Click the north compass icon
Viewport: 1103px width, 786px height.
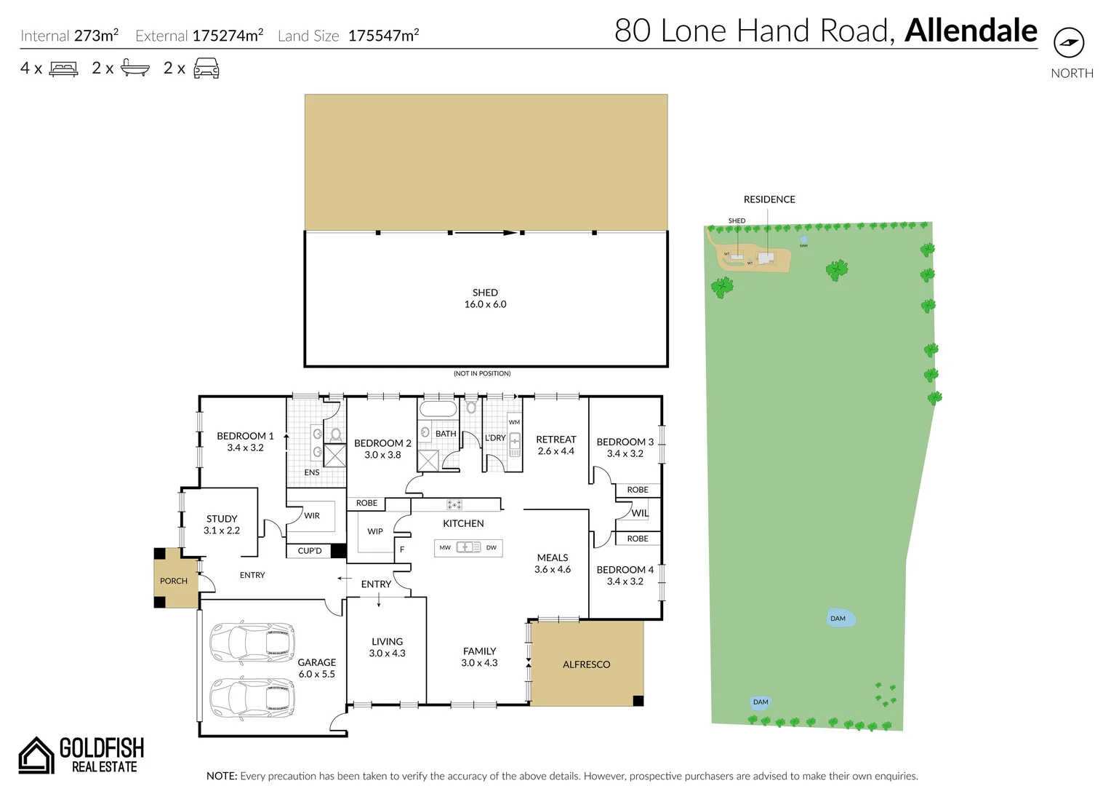[x=1068, y=43]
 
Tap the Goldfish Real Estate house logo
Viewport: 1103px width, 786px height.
[x=36, y=755]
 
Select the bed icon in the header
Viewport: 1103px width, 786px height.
[x=64, y=69]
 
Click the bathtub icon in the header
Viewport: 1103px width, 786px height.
[x=135, y=68]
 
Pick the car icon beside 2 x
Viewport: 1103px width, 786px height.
[x=206, y=68]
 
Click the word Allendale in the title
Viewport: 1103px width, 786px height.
[x=971, y=31]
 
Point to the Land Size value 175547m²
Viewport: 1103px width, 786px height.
[x=383, y=36]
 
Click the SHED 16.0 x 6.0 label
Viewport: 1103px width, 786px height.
[x=485, y=298]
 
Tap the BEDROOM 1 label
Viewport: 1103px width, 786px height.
[x=245, y=442]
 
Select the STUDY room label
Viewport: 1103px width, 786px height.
[x=222, y=525]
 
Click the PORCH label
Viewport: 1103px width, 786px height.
[x=174, y=581]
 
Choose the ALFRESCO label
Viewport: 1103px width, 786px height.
[x=586, y=664]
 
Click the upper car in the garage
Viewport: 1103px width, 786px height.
[x=252, y=642]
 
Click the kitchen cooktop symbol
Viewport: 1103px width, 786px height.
[x=454, y=504]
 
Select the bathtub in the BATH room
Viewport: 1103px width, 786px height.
[x=438, y=408]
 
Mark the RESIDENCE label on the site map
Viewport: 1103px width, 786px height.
[x=769, y=199]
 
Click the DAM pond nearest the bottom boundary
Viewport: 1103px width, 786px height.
[x=760, y=702]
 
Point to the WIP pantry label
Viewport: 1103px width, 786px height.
[x=375, y=531]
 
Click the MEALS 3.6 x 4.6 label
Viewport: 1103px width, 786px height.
[x=553, y=563]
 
